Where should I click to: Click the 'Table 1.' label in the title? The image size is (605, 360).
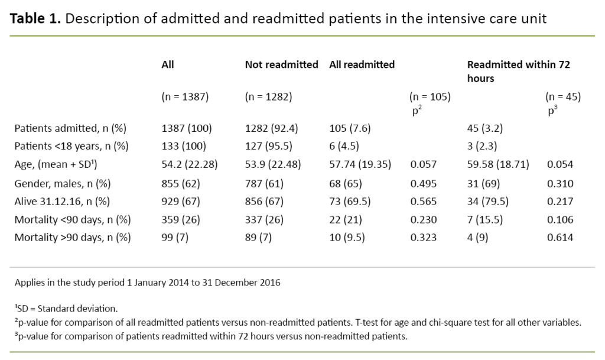pyautogui.click(x=35, y=19)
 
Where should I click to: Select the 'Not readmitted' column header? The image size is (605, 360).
pyautogui.click(x=281, y=64)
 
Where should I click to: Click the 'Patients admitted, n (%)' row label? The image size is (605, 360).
pyautogui.click(x=70, y=128)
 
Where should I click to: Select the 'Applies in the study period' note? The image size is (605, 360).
pyautogui.click(x=147, y=283)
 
